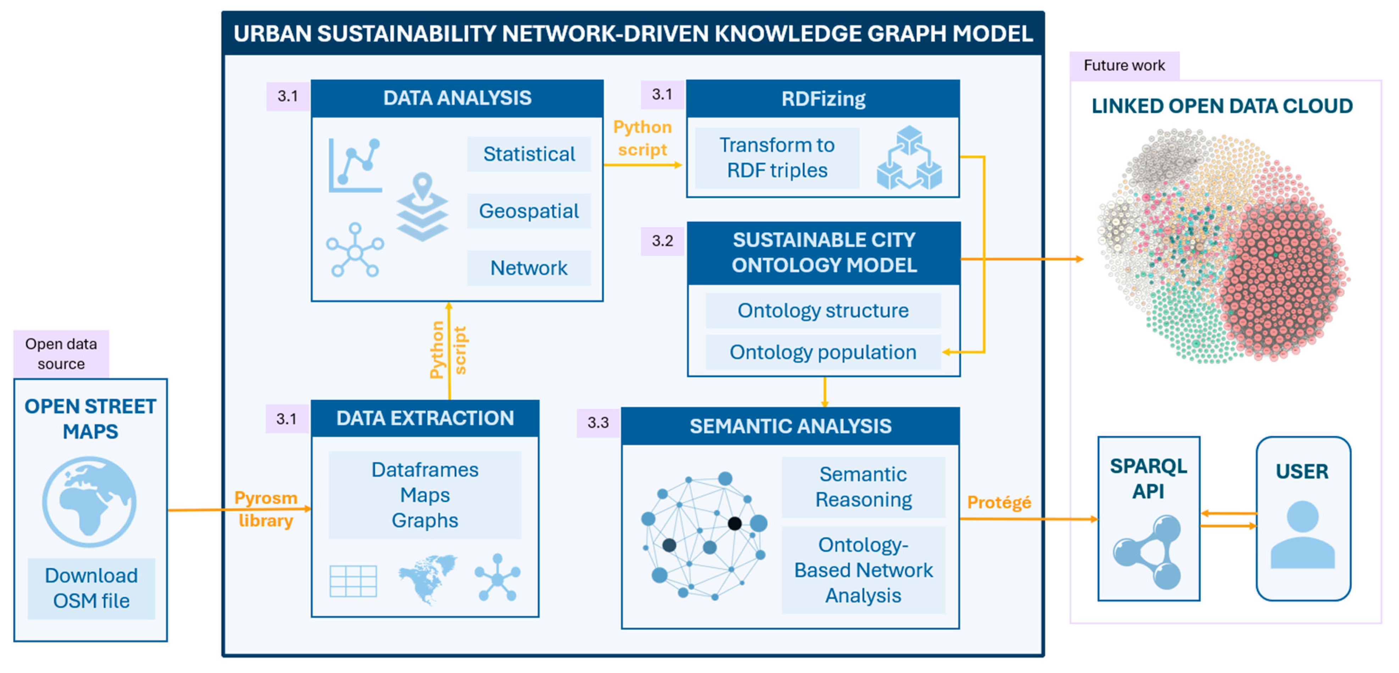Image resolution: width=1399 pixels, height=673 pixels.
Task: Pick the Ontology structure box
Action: pos(823,311)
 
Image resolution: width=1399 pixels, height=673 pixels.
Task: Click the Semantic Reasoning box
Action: pos(863,487)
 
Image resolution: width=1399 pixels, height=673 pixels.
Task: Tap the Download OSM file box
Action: pos(91,588)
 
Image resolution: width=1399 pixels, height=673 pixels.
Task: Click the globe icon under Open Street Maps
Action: pos(90,501)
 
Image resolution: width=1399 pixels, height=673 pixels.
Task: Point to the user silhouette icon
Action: pos(1302,535)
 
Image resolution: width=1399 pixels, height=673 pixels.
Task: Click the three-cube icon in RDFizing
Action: pos(909,158)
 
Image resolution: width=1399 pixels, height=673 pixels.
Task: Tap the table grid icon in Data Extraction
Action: pos(353,581)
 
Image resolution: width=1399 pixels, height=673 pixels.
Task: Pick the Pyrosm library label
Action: pos(266,509)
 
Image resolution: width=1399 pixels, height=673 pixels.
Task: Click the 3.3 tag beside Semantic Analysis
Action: pos(598,423)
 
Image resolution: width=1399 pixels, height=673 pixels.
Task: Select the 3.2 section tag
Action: pos(662,241)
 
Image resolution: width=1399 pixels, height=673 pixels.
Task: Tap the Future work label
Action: pos(1124,66)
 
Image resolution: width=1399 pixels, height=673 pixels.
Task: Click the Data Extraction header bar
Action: pos(425,418)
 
